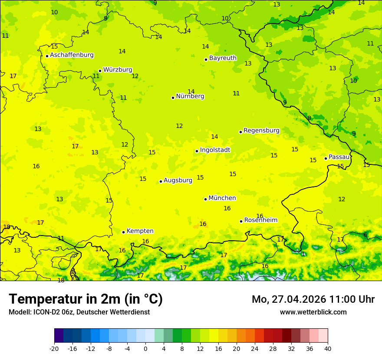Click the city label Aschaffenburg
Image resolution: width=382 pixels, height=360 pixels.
coord(72,55)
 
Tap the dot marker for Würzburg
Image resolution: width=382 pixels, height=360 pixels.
coord(100,71)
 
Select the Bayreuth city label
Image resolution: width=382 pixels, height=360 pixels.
coord(223,58)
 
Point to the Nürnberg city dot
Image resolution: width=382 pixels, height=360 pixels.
coord(173,98)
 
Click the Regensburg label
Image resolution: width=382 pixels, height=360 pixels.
coord(261,131)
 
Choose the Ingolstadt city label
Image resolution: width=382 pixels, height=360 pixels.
coord(215,150)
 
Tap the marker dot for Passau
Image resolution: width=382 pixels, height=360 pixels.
coord(326,158)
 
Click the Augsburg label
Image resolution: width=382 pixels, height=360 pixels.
coord(178,180)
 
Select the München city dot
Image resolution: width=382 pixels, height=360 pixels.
coord(205,199)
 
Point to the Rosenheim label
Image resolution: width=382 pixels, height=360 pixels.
coord(260,220)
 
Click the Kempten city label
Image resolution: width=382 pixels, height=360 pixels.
coord(140,231)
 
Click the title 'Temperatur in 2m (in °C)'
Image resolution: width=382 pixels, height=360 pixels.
coord(86,299)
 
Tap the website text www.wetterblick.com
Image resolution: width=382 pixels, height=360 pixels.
coord(313,312)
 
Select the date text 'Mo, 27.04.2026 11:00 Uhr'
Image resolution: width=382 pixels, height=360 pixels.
coord(313,299)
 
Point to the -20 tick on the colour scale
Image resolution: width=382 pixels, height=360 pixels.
coord(54,348)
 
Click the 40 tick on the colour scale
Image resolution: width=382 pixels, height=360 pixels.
coord(327,348)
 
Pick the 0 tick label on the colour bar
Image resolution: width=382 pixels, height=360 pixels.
coord(145,348)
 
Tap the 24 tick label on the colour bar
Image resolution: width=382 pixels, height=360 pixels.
coord(255,348)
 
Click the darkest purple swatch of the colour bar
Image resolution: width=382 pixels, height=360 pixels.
coord(59,336)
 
